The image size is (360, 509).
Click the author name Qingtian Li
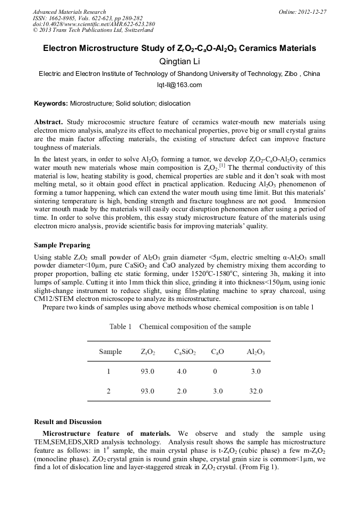click(179, 62)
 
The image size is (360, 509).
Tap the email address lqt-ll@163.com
click(179, 85)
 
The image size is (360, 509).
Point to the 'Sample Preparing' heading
click(62, 245)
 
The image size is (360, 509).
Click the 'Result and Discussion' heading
click(67, 422)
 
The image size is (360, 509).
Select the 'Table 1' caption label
click(120, 326)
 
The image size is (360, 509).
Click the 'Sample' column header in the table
click(110, 352)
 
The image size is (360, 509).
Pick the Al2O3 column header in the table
click(256, 352)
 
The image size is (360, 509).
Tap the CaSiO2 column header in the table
click(185, 352)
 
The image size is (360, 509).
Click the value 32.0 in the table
click(256, 391)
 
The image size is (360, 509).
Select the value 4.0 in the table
click(182, 372)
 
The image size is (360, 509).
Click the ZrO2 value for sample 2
click(148, 391)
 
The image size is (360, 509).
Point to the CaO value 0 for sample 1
click(215, 372)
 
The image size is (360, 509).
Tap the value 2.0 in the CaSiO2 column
click(182, 391)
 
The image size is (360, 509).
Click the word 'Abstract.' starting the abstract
click(49, 121)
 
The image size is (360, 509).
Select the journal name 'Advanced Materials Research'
click(69, 12)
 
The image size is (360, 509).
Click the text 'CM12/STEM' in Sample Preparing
click(52, 299)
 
